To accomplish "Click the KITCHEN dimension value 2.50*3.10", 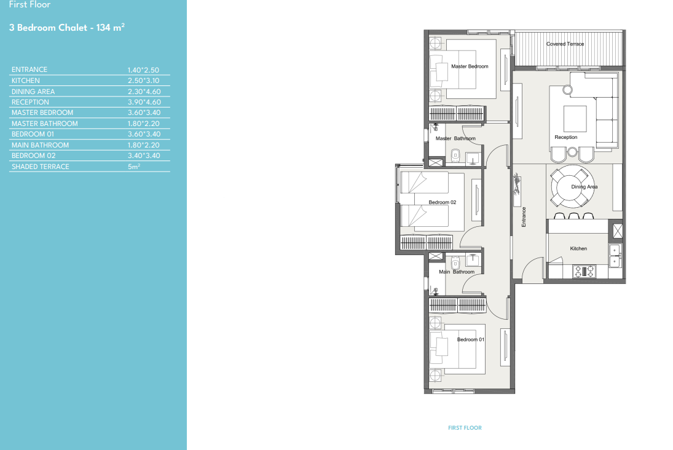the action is tap(143, 81).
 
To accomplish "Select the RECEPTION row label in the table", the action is tap(30, 102).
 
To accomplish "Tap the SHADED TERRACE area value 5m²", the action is tap(134, 166).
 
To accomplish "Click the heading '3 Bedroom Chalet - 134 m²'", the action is tap(67, 28).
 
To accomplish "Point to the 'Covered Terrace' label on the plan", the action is tap(565, 44).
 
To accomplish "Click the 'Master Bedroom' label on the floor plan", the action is tap(470, 66).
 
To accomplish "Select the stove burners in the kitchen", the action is tap(584, 271).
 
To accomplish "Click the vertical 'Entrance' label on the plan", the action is tap(524, 217).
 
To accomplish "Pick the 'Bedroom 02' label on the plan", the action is tap(442, 202).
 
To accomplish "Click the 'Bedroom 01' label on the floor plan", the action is tap(470, 339).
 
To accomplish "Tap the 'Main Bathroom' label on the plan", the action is tap(457, 272).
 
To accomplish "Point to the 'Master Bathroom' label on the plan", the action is tap(455, 138).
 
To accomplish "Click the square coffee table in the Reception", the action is tap(575, 119).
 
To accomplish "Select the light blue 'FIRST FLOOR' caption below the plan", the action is tap(465, 428).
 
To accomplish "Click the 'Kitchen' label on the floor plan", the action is tap(578, 248).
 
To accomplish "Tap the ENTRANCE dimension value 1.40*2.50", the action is tap(143, 70).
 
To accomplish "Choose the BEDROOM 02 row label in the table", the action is tap(33, 156).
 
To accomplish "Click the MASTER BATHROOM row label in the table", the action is tap(45, 124).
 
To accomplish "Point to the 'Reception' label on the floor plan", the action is tap(565, 138).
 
